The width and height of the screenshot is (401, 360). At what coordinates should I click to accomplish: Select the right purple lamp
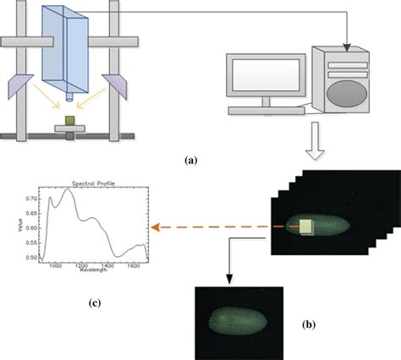116,85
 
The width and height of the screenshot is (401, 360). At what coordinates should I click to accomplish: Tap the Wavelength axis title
94,272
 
